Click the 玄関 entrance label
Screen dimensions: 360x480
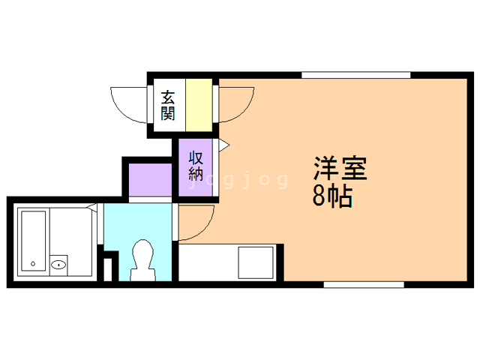tap(168, 106)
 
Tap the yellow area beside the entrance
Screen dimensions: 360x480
tap(199, 105)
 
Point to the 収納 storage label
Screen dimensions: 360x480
tap(196, 165)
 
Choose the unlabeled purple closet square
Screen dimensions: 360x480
tap(150, 178)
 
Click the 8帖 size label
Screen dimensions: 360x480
tap(332, 196)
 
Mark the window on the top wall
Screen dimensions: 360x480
tap(356, 74)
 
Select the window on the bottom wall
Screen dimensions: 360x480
tap(364, 284)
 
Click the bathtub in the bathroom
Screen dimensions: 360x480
tap(34, 240)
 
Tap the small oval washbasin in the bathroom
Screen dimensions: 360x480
tap(59, 264)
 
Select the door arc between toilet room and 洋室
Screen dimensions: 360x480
tap(196, 222)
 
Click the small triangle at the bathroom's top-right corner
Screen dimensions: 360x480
tap(92, 207)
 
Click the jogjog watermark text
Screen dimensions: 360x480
tap(240, 180)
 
